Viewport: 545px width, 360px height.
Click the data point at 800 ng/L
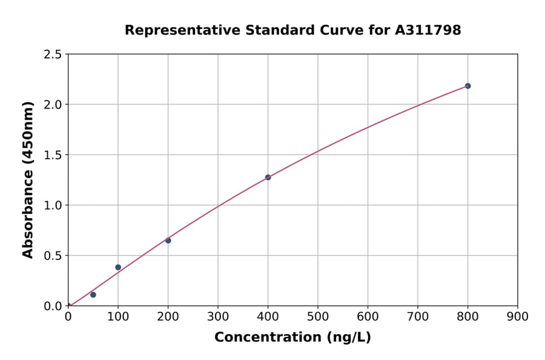467,86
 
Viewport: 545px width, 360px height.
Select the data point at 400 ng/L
268,178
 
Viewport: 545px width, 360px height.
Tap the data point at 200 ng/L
168,241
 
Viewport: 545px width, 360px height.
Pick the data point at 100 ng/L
118,267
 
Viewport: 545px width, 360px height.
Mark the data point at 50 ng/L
93,295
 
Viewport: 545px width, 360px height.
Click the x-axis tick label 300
218,316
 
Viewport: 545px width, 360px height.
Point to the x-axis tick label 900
518,316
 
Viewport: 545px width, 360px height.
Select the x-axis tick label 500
318,316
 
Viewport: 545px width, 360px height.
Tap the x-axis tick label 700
418,316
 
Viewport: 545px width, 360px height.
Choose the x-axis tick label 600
368,316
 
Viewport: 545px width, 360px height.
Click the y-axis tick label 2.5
53,55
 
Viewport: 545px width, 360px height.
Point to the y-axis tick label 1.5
53,155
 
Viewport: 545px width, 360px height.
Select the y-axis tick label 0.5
53,256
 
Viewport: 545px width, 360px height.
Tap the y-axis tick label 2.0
53,105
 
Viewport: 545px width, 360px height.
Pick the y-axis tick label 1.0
53,205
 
